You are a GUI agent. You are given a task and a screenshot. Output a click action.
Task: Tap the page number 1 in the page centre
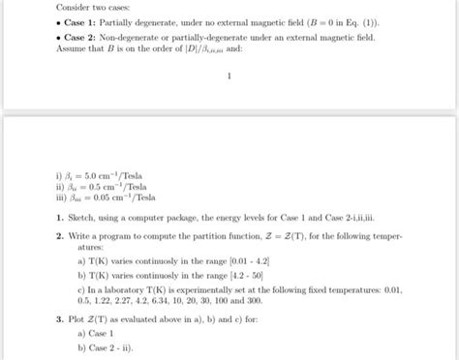click(x=228, y=75)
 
